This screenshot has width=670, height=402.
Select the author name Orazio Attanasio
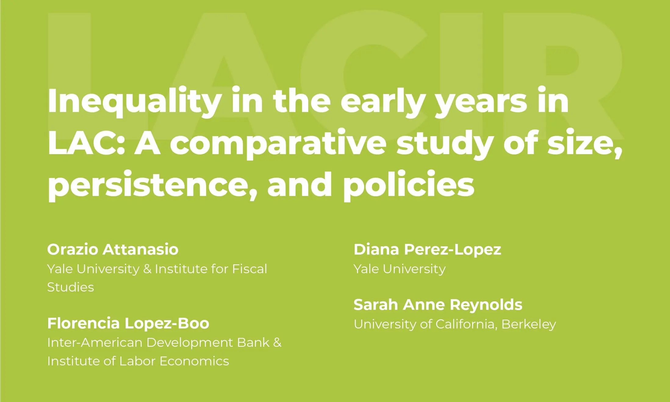point(113,249)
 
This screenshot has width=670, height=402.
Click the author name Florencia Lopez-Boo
point(128,323)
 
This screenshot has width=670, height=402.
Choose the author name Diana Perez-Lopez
point(427,250)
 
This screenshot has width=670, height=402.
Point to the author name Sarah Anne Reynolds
point(438,305)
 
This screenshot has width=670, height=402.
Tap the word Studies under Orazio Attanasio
point(70,287)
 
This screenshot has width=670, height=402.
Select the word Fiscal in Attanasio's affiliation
point(249,269)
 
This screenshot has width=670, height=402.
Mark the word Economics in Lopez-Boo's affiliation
point(194,361)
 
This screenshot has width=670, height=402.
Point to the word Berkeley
point(528,324)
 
